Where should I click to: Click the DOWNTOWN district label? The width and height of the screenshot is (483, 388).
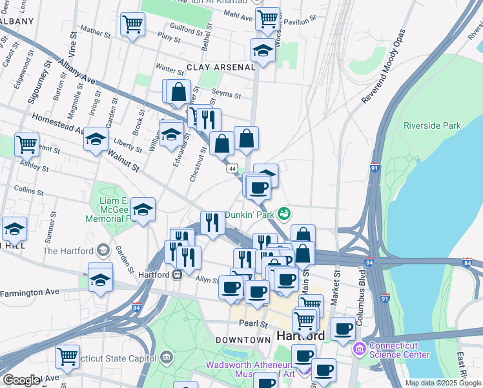tap(243, 339)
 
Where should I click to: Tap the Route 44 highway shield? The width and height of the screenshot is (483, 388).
tap(231, 168)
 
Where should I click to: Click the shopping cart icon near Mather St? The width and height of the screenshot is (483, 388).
tap(132, 25)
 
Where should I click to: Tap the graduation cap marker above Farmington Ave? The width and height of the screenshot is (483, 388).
tap(100, 279)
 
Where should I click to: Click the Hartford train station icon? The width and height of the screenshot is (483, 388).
tap(176, 274)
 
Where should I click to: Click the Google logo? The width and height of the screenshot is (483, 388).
tap(21, 380)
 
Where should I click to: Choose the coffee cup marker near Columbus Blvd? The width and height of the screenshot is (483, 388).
tap(344, 328)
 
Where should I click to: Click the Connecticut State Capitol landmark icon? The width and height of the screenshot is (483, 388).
tap(167, 357)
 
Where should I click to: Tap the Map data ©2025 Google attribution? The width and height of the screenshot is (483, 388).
tap(442, 383)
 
